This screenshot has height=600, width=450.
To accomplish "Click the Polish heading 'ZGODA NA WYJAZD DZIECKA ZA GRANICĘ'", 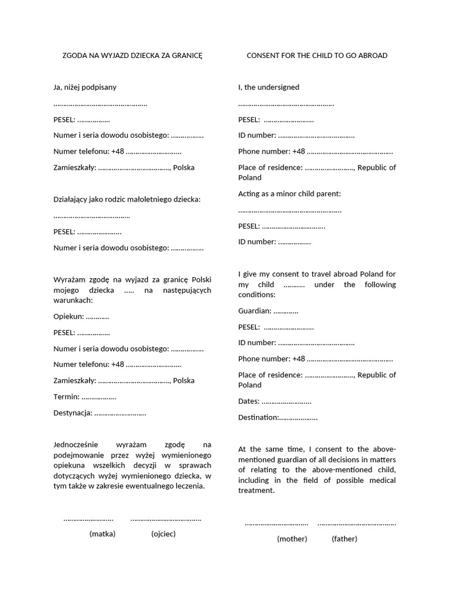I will coord(132,56).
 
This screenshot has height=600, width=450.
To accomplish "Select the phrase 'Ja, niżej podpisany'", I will coord(85,87).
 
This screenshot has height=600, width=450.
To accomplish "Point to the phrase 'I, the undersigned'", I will coord(268,87).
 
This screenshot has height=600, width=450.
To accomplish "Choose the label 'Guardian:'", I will coord(255,311).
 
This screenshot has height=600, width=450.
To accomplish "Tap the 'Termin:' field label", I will coord(66,397).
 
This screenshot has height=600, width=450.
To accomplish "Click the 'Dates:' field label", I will coord(249,401).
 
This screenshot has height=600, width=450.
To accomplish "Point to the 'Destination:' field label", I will coord(258,417).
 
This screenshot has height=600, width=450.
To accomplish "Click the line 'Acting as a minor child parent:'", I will coord(289,193).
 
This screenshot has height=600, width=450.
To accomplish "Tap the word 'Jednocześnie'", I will coord(77,445).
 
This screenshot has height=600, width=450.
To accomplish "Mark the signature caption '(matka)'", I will coord(103,534).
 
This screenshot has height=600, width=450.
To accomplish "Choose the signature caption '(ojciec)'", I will coord(163,534).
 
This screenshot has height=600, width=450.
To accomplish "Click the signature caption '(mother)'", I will coord(292,538).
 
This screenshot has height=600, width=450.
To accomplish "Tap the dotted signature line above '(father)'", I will coord(356,523).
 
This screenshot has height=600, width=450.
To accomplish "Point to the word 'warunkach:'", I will coord(73,300).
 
